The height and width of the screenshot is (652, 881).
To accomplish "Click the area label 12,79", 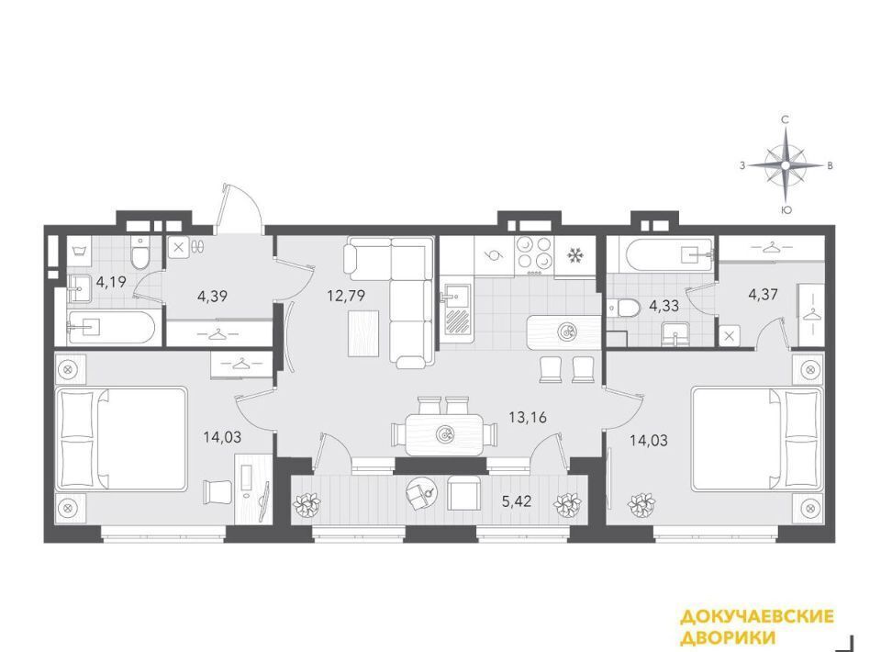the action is click(x=346, y=295).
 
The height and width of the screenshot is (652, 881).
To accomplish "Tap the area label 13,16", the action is click(x=527, y=417).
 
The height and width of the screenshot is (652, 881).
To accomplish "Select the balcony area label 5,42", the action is click(x=516, y=501).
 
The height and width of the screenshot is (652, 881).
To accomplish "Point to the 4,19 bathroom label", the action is click(x=111, y=281).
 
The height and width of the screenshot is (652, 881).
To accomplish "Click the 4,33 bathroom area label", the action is click(x=664, y=307).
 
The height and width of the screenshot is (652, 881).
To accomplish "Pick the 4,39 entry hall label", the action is click(x=212, y=295).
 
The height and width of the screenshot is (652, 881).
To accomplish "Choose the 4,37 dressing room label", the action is click(x=763, y=294).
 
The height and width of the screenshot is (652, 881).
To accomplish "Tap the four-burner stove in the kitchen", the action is click(x=534, y=254).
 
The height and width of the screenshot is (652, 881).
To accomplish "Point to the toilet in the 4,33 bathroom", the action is click(x=623, y=308).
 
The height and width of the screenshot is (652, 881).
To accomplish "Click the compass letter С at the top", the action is click(x=786, y=119).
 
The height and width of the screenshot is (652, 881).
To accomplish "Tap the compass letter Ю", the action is click(x=786, y=210).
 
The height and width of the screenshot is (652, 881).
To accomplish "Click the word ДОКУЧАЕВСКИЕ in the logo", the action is click(x=757, y=616).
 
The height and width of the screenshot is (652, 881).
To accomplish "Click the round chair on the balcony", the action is click(x=420, y=493).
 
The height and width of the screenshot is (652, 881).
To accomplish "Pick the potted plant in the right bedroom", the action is click(x=642, y=504).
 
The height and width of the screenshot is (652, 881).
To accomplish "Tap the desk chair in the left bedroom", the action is click(x=217, y=493).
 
